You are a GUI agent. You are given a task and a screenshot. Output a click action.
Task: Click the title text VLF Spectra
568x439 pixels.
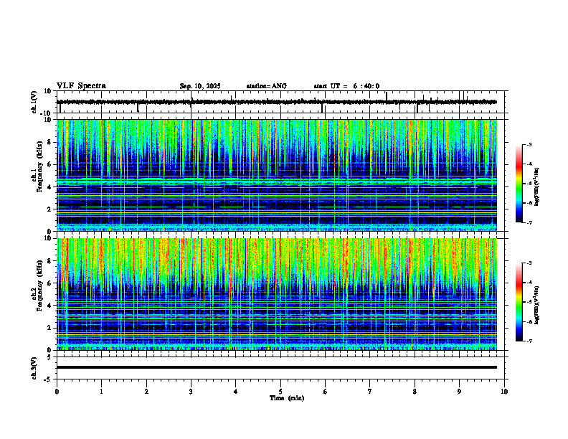tap(81, 86)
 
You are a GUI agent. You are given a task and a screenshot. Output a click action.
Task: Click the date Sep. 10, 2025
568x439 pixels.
tap(200, 86)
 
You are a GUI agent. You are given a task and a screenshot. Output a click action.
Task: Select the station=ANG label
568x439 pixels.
tap(266, 86)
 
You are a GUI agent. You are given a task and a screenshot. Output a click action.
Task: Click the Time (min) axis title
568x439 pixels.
tap(286, 397)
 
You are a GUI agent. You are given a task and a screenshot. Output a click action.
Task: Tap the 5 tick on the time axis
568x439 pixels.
tap(280, 391)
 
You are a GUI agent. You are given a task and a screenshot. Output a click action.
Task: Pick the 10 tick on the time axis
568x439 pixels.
tap(504, 391)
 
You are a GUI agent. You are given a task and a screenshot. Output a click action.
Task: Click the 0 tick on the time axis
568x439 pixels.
tap(57, 391)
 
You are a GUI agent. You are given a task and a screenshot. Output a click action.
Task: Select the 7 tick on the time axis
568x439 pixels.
tap(370, 391)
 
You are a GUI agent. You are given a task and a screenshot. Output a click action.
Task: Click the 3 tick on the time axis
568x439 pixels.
tap(191, 391)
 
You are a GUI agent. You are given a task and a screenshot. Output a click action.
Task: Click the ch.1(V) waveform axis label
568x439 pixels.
tap(34, 102)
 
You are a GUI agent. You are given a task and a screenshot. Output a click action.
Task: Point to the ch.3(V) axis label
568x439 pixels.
tap(34, 367)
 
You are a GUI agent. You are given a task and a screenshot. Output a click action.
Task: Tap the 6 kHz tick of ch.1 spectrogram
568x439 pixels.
tap(51, 164)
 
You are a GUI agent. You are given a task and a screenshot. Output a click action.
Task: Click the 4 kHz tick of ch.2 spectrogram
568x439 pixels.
tap(51, 305)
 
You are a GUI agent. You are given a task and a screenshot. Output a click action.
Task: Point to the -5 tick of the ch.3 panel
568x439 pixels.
tap(49, 378)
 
